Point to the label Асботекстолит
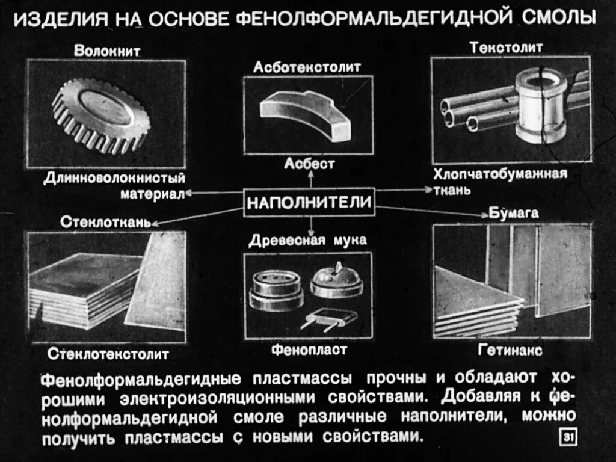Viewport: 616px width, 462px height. pyautogui.click(x=307, y=67)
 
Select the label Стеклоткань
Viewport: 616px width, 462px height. pyautogui.click(x=105, y=221)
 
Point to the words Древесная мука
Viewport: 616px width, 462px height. pyautogui.click(x=308, y=241)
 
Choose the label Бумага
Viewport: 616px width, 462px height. pyautogui.click(x=505, y=214)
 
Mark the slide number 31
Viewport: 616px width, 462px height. pyautogui.click(x=568, y=437)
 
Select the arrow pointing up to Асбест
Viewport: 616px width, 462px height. pyautogui.click(x=310, y=178)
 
